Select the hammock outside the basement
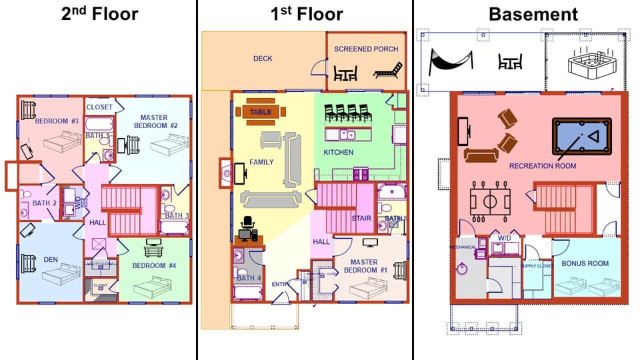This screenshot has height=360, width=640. coord(452,61)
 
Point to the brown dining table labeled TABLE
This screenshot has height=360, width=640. coord(261,112)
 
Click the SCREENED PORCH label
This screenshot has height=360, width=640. coord(366,49)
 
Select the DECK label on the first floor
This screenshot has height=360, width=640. coord(263,59)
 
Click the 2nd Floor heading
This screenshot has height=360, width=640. coord(99,14)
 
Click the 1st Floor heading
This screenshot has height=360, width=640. coord(307,14)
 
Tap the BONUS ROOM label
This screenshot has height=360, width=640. coord(585,263)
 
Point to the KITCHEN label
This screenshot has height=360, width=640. coord(339,153)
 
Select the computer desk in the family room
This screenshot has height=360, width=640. coord(248,231)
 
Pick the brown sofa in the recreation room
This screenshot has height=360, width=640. coord(481,155)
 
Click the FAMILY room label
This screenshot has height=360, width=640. coord(261,162)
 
